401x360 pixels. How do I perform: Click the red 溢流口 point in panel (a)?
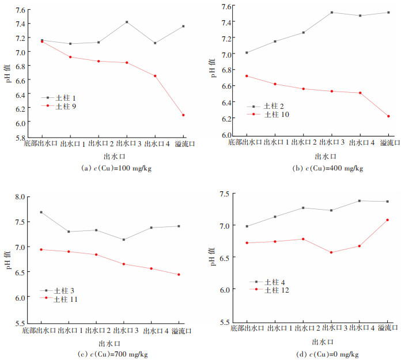(183, 115)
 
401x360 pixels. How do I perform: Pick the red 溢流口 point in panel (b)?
(388, 116)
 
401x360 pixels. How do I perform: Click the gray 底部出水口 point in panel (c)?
(41, 212)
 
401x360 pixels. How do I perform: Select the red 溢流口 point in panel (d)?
(388, 219)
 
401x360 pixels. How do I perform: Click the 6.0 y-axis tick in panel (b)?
(228, 135)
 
